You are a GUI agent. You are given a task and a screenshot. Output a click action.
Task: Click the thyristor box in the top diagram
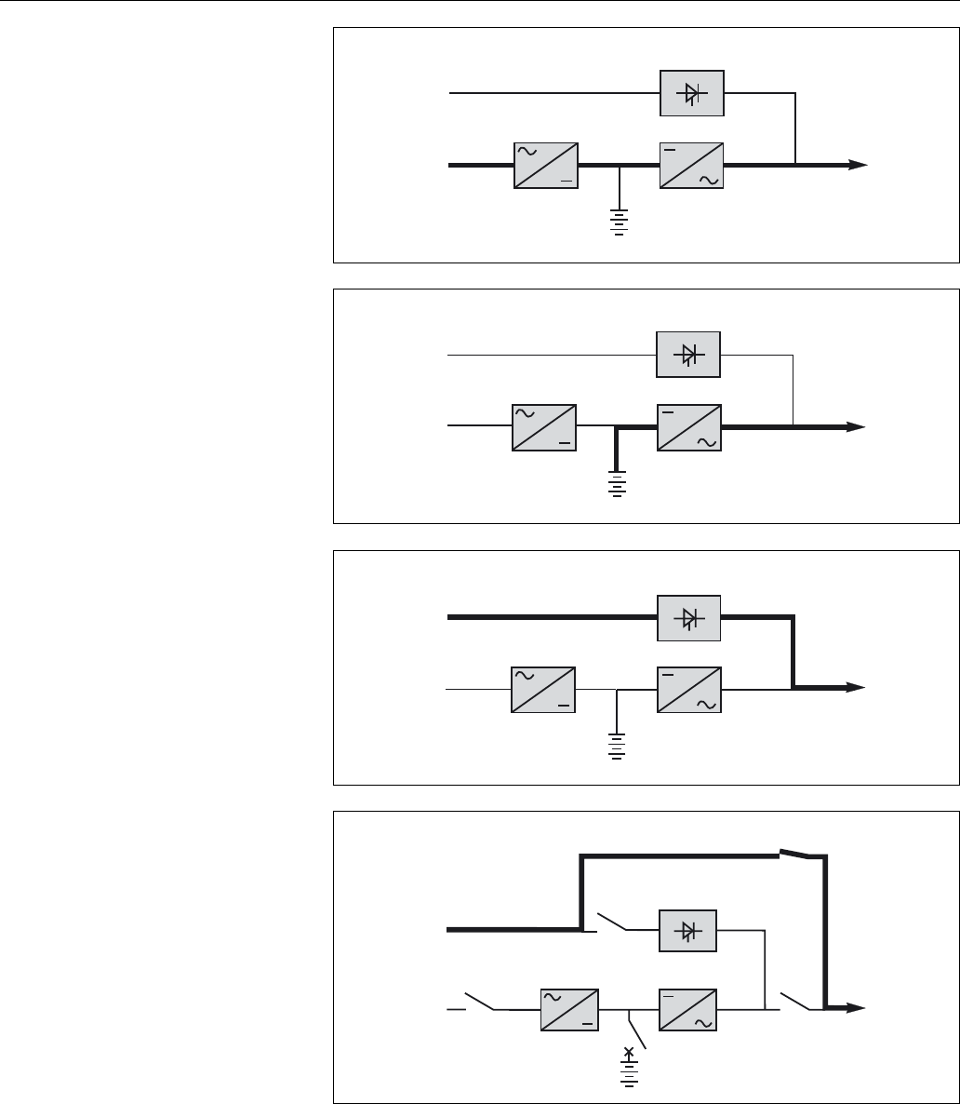(x=691, y=93)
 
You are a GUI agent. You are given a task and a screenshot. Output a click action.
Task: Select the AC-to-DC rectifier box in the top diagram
(x=545, y=166)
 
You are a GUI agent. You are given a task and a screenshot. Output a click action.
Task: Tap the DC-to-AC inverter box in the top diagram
(x=691, y=166)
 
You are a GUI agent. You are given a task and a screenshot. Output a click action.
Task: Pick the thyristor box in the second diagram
(x=688, y=354)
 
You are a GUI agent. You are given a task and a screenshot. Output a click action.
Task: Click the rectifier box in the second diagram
(x=543, y=427)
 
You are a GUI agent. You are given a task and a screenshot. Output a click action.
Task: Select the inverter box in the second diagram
(x=689, y=427)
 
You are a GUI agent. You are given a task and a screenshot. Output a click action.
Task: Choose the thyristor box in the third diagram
(x=688, y=617)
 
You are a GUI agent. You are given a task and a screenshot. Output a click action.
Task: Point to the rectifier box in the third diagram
(x=543, y=689)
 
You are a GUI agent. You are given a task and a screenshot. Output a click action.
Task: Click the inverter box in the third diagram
(x=689, y=689)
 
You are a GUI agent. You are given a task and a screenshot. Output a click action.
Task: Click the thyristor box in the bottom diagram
(x=687, y=929)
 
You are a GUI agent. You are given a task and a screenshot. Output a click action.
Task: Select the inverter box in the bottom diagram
(x=689, y=1008)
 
